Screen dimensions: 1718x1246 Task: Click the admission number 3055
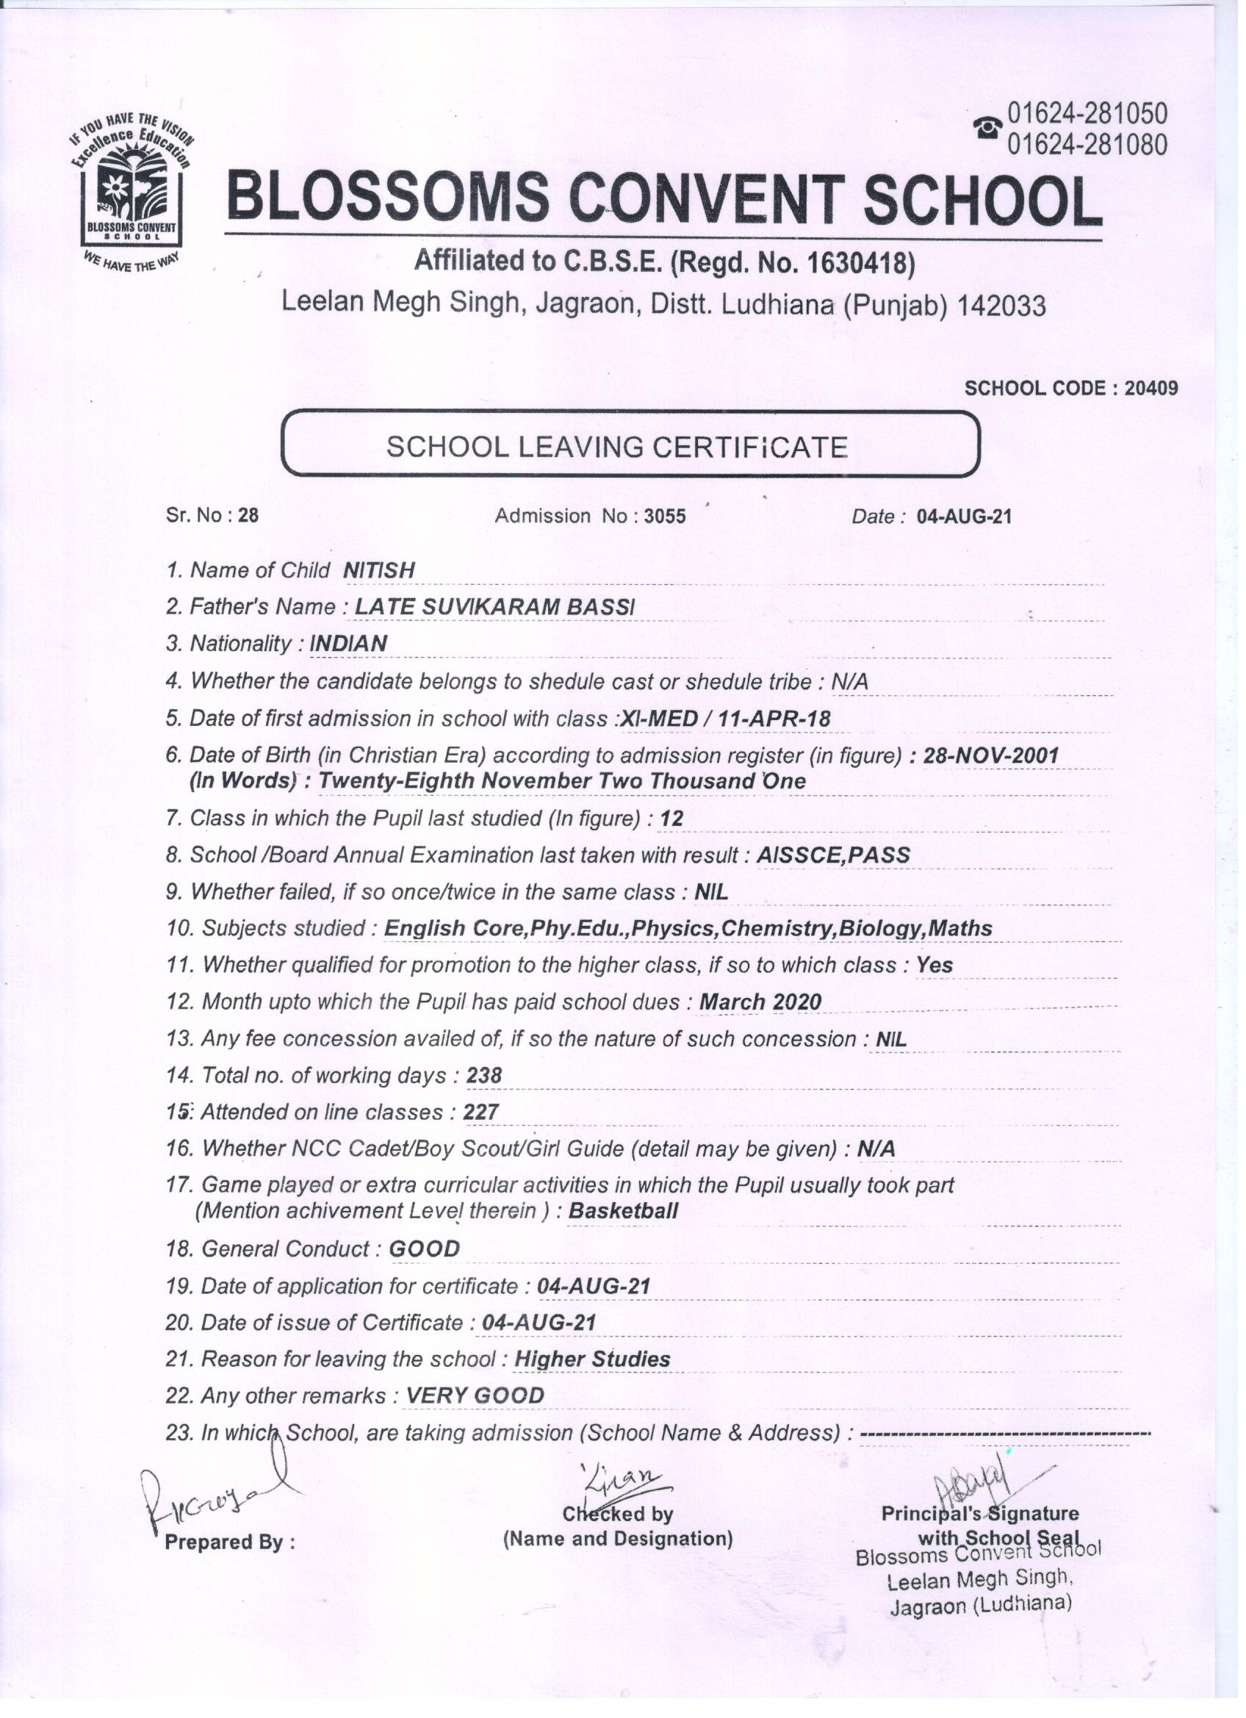(x=664, y=517)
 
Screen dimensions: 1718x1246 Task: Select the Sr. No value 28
(x=248, y=516)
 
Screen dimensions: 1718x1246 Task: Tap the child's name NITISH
(x=379, y=570)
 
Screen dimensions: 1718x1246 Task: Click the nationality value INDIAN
(x=348, y=644)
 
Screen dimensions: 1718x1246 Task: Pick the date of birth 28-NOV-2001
(x=991, y=755)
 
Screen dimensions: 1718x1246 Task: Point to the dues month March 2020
(x=760, y=1002)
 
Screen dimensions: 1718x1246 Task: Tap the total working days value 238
(x=484, y=1076)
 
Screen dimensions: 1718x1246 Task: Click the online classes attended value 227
(x=481, y=1112)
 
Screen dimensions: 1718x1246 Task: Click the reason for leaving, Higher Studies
(x=591, y=1359)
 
